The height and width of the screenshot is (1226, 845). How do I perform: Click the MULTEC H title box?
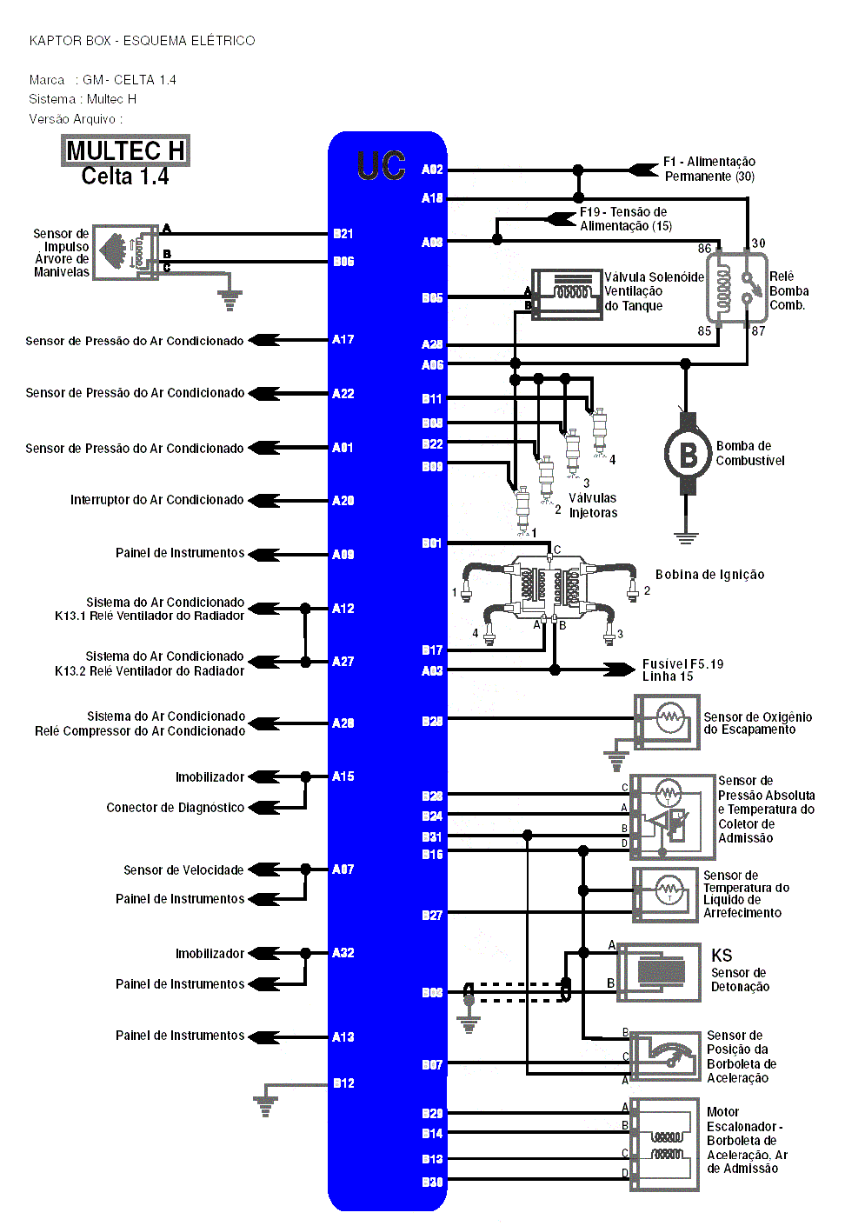[x=125, y=150]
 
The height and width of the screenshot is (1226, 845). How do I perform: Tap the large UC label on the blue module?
[x=381, y=165]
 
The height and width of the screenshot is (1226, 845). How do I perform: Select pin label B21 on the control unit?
[x=343, y=234]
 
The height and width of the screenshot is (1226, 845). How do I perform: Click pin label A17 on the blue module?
[x=343, y=340]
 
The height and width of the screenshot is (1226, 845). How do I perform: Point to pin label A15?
[x=343, y=776]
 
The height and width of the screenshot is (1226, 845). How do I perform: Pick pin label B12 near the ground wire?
[x=343, y=1083]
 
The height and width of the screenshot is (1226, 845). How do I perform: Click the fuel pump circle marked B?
[x=688, y=455]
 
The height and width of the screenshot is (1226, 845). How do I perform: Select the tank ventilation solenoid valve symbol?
[x=567, y=294]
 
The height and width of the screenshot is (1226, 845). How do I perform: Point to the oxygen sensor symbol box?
[x=667, y=722]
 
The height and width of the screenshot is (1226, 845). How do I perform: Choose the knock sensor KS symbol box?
[x=660, y=972]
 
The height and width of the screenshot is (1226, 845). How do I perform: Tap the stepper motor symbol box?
[x=665, y=1144]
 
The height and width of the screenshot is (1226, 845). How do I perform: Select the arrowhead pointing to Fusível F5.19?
[x=622, y=670]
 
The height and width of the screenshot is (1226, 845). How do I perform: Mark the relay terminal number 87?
[x=759, y=331]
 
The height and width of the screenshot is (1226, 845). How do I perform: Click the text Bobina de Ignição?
[x=709, y=575]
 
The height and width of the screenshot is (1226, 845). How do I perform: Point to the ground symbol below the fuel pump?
[x=687, y=536]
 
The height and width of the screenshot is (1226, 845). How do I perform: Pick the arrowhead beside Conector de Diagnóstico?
[x=264, y=808]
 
